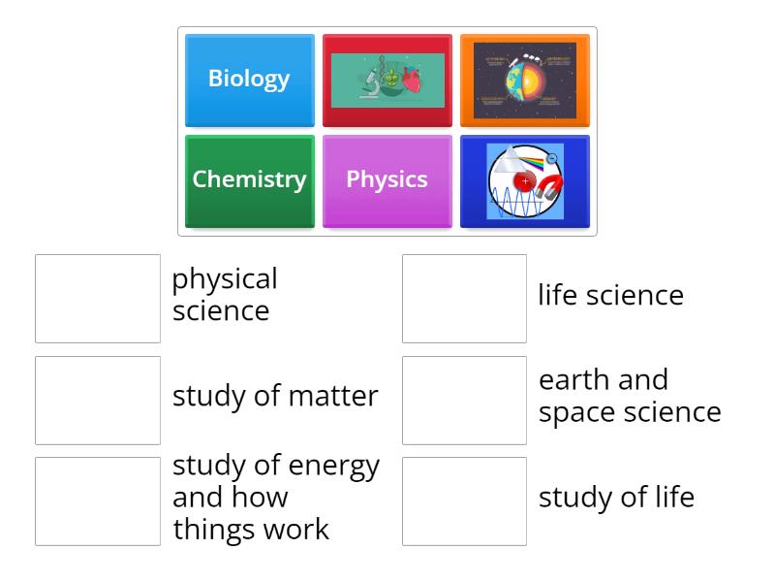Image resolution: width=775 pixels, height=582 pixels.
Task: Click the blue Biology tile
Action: point(249,80)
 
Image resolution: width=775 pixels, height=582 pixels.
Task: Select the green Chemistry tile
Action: point(249,180)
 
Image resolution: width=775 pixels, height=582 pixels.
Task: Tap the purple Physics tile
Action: point(387,180)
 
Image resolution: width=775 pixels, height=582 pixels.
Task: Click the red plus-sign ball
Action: point(524,180)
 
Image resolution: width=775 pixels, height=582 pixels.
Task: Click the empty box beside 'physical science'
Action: point(98,299)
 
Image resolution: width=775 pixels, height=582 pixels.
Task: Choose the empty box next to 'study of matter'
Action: point(98,400)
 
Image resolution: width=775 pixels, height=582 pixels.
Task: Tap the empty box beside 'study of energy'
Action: point(98,501)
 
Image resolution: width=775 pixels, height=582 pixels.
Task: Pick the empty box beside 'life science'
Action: point(464,299)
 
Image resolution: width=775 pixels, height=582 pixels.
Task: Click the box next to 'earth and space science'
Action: point(464,400)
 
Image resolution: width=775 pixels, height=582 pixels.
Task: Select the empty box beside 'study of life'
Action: point(464,501)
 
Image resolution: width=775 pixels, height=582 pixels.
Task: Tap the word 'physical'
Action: point(225,279)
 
